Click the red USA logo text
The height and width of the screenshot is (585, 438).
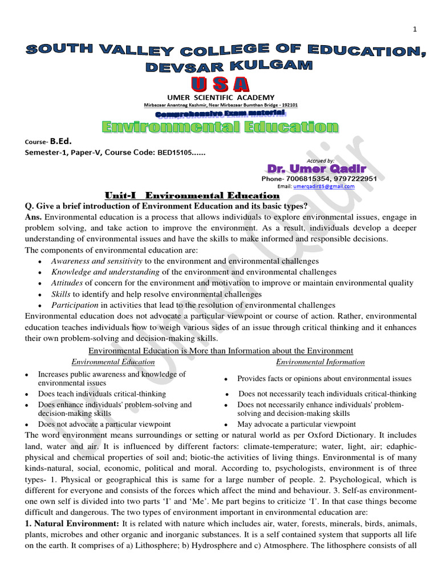(220, 84)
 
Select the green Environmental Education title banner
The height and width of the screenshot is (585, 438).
(220, 126)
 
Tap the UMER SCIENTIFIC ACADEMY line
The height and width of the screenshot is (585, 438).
(220, 98)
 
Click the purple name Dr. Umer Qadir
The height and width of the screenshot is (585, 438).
(315, 169)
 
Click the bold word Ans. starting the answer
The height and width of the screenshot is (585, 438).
(34, 217)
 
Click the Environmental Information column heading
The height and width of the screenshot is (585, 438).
(321, 362)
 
